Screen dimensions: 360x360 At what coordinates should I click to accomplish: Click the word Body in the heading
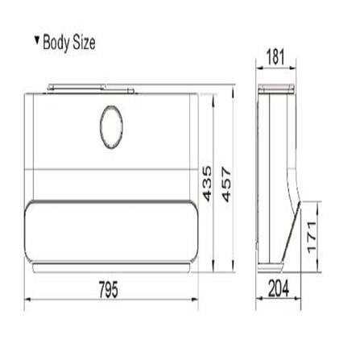click(x=57, y=43)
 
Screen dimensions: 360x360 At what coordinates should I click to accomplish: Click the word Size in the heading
click(x=83, y=43)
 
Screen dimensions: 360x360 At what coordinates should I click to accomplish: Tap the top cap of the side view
click(x=275, y=89)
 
